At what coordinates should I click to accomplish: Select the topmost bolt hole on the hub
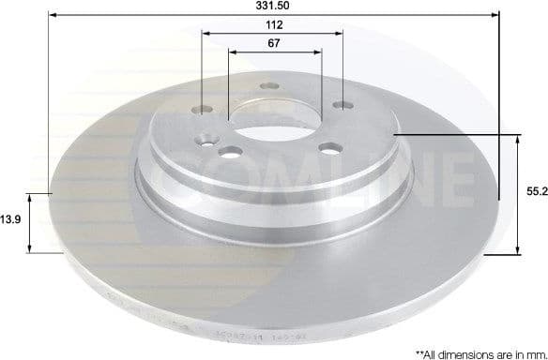[273, 90]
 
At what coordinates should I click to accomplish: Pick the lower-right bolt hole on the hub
[330, 147]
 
